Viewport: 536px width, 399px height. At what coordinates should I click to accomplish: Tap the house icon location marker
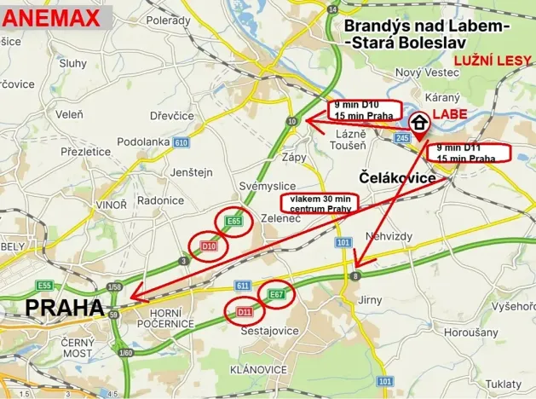419,125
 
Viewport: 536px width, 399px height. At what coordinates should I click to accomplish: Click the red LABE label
450,113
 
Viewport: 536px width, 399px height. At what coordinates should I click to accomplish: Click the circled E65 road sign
234,222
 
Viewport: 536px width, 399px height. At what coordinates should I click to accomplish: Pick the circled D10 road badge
207,246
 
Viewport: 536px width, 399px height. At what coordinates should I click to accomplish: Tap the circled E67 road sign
276,294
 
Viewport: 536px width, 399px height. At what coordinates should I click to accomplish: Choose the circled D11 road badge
245,312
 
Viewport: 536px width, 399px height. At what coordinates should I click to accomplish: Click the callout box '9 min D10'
360,109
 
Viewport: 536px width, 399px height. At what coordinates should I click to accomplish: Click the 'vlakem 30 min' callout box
320,203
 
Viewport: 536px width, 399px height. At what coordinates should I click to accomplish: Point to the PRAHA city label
65,307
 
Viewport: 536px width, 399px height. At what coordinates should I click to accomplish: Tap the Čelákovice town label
396,178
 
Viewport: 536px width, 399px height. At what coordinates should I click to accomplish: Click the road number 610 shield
180,142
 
